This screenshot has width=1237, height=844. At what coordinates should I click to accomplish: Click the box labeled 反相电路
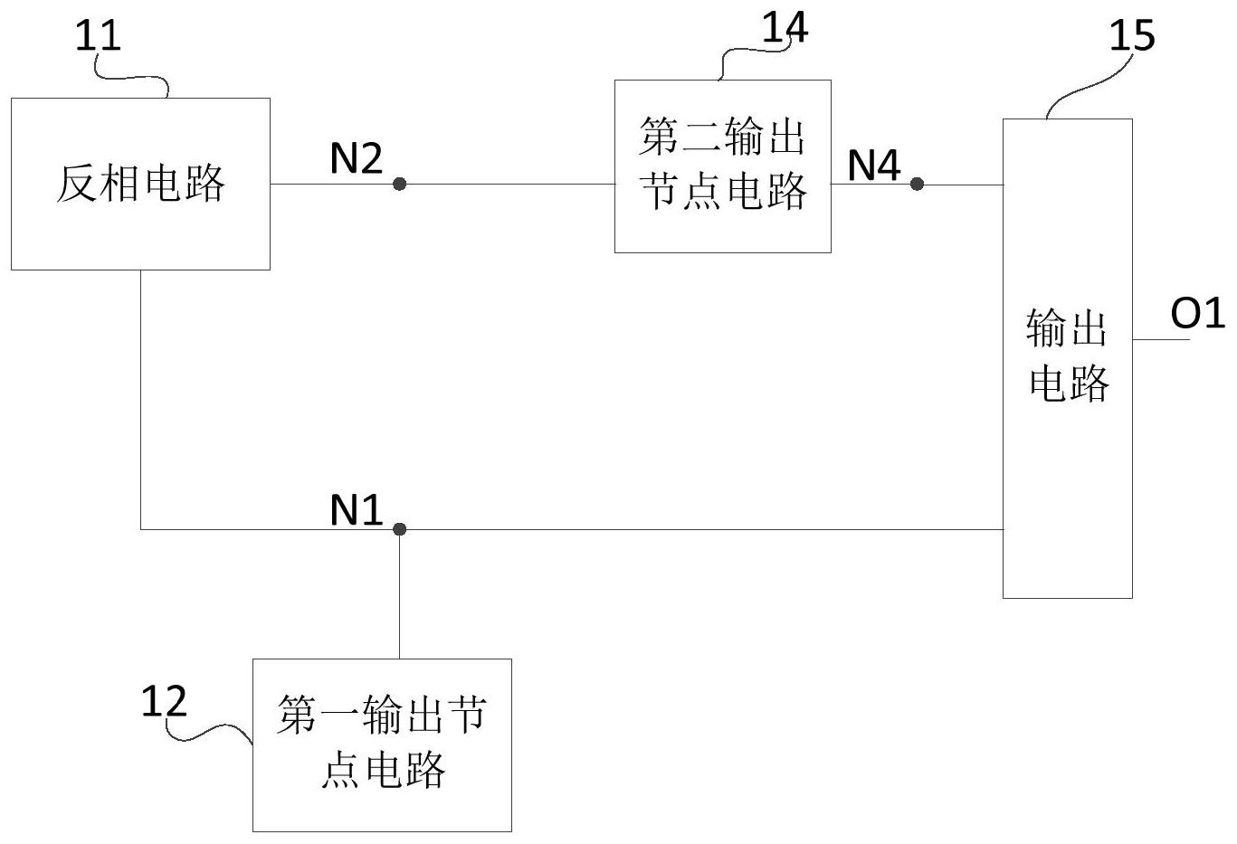click(x=140, y=184)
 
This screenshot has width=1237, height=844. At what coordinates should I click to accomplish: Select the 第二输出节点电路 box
click(x=722, y=166)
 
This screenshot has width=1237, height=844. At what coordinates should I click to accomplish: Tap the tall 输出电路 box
click(x=1067, y=357)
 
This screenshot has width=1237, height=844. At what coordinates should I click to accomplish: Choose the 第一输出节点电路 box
click(x=382, y=744)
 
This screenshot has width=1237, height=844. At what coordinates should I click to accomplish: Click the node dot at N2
click(x=399, y=184)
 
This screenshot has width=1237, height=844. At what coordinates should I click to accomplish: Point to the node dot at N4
click(x=917, y=184)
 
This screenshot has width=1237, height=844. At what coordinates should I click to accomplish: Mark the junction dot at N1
click(x=399, y=528)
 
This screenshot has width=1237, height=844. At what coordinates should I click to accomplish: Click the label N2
click(x=356, y=159)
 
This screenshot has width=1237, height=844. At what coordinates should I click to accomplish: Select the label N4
click(x=873, y=165)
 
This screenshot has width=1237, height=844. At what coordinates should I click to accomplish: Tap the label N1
click(x=356, y=511)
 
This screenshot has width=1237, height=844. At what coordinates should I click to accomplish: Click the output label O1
click(x=1197, y=314)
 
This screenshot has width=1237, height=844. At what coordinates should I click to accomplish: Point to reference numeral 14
click(x=784, y=27)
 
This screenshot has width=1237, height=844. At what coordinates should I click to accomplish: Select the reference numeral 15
click(x=1131, y=36)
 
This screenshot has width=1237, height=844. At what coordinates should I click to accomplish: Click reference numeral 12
click(x=164, y=702)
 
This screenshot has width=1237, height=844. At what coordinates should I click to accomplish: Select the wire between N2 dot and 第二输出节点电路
click(x=507, y=184)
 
